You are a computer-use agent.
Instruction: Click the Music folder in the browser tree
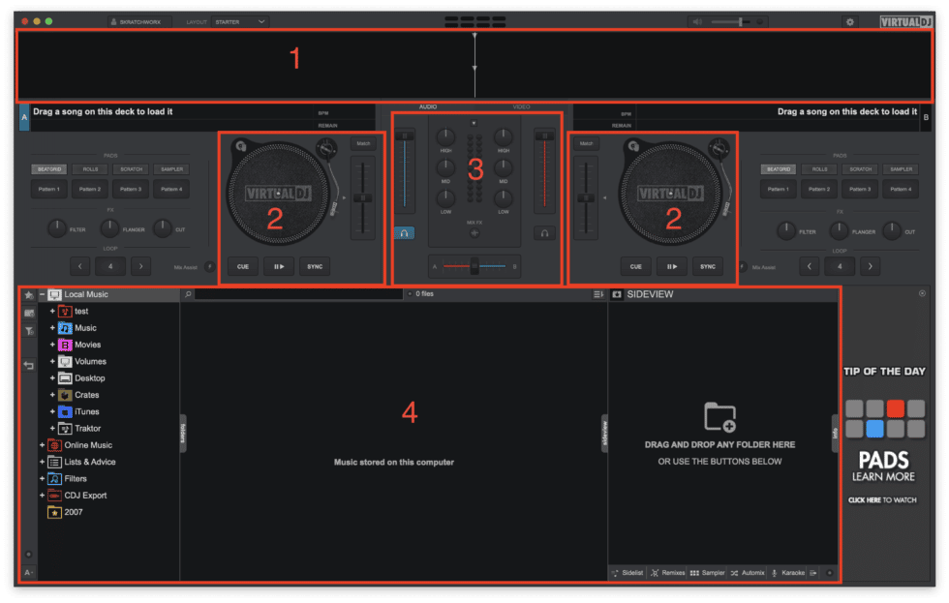pyautogui.click(x=85, y=328)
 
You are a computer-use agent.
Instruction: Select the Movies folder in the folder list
pyautogui.click(x=87, y=345)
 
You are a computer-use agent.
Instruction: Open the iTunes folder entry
pyautogui.click(x=86, y=411)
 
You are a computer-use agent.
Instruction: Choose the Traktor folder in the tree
pyautogui.click(x=87, y=428)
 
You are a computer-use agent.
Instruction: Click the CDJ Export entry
pyautogui.click(x=85, y=495)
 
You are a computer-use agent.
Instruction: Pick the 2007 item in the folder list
pyautogui.click(x=73, y=512)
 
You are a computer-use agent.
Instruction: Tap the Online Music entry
pyautogui.click(x=87, y=445)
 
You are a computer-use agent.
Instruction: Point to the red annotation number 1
pyautogui.click(x=296, y=59)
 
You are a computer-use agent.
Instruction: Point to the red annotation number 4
pyautogui.click(x=409, y=412)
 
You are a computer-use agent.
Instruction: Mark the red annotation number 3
pyautogui.click(x=475, y=170)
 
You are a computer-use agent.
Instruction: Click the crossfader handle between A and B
pyautogui.click(x=474, y=266)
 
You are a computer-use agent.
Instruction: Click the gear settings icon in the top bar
pyautogui.click(x=850, y=21)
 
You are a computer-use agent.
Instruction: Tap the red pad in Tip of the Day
pyautogui.click(x=895, y=408)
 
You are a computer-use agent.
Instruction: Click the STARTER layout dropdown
pyautogui.click(x=240, y=20)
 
